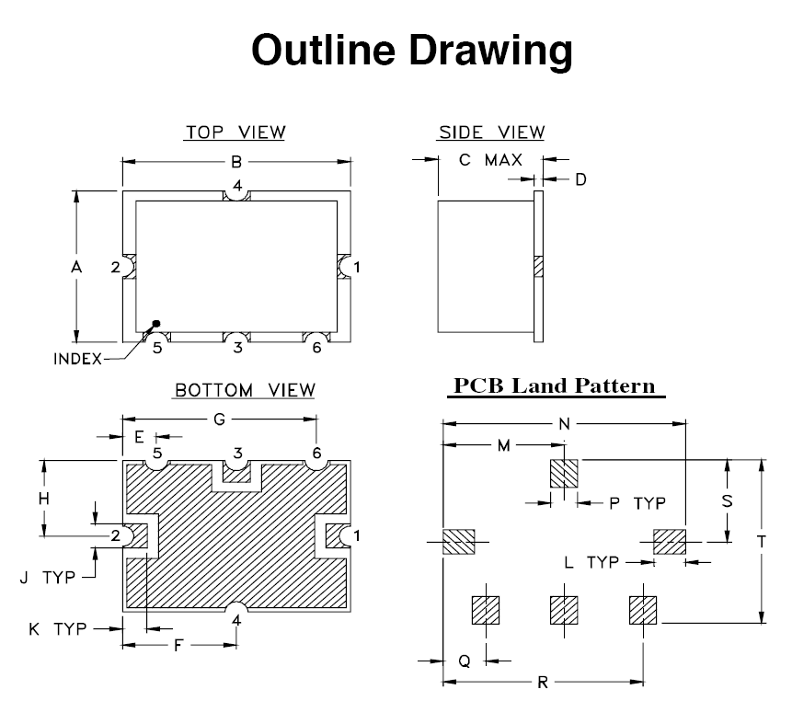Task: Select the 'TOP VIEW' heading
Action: pyautogui.click(x=235, y=132)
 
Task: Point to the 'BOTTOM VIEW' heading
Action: pyautogui.click(x=245, y=391)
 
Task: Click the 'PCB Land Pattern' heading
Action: pyautogui.click(x=556, y=385)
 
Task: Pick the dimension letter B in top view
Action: pyautogui.click(x=236, y=162)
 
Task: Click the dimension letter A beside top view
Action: pyautogui.click(x=76, y=267)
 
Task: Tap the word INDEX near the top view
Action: pyautogui.click(x=77, y=359)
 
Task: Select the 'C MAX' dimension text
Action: pyautogui.click(x=490, y=161)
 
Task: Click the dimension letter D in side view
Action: pyautogui.click(x=580, y=179)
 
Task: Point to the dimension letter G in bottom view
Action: pyautogui.click(x=219, y=419)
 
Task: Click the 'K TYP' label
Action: pyautogui.click(x=57, y=629)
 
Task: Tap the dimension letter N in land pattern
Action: pyautogui.click(x=564, y=425)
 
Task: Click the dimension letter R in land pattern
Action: pyautogui.click(x=543, y=683)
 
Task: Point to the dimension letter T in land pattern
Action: pyautogui.click(x=762, y=542)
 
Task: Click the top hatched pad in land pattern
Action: pyautogui.click(x=563, y=474)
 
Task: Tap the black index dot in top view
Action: pyautogui.click(x=156, y=323)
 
